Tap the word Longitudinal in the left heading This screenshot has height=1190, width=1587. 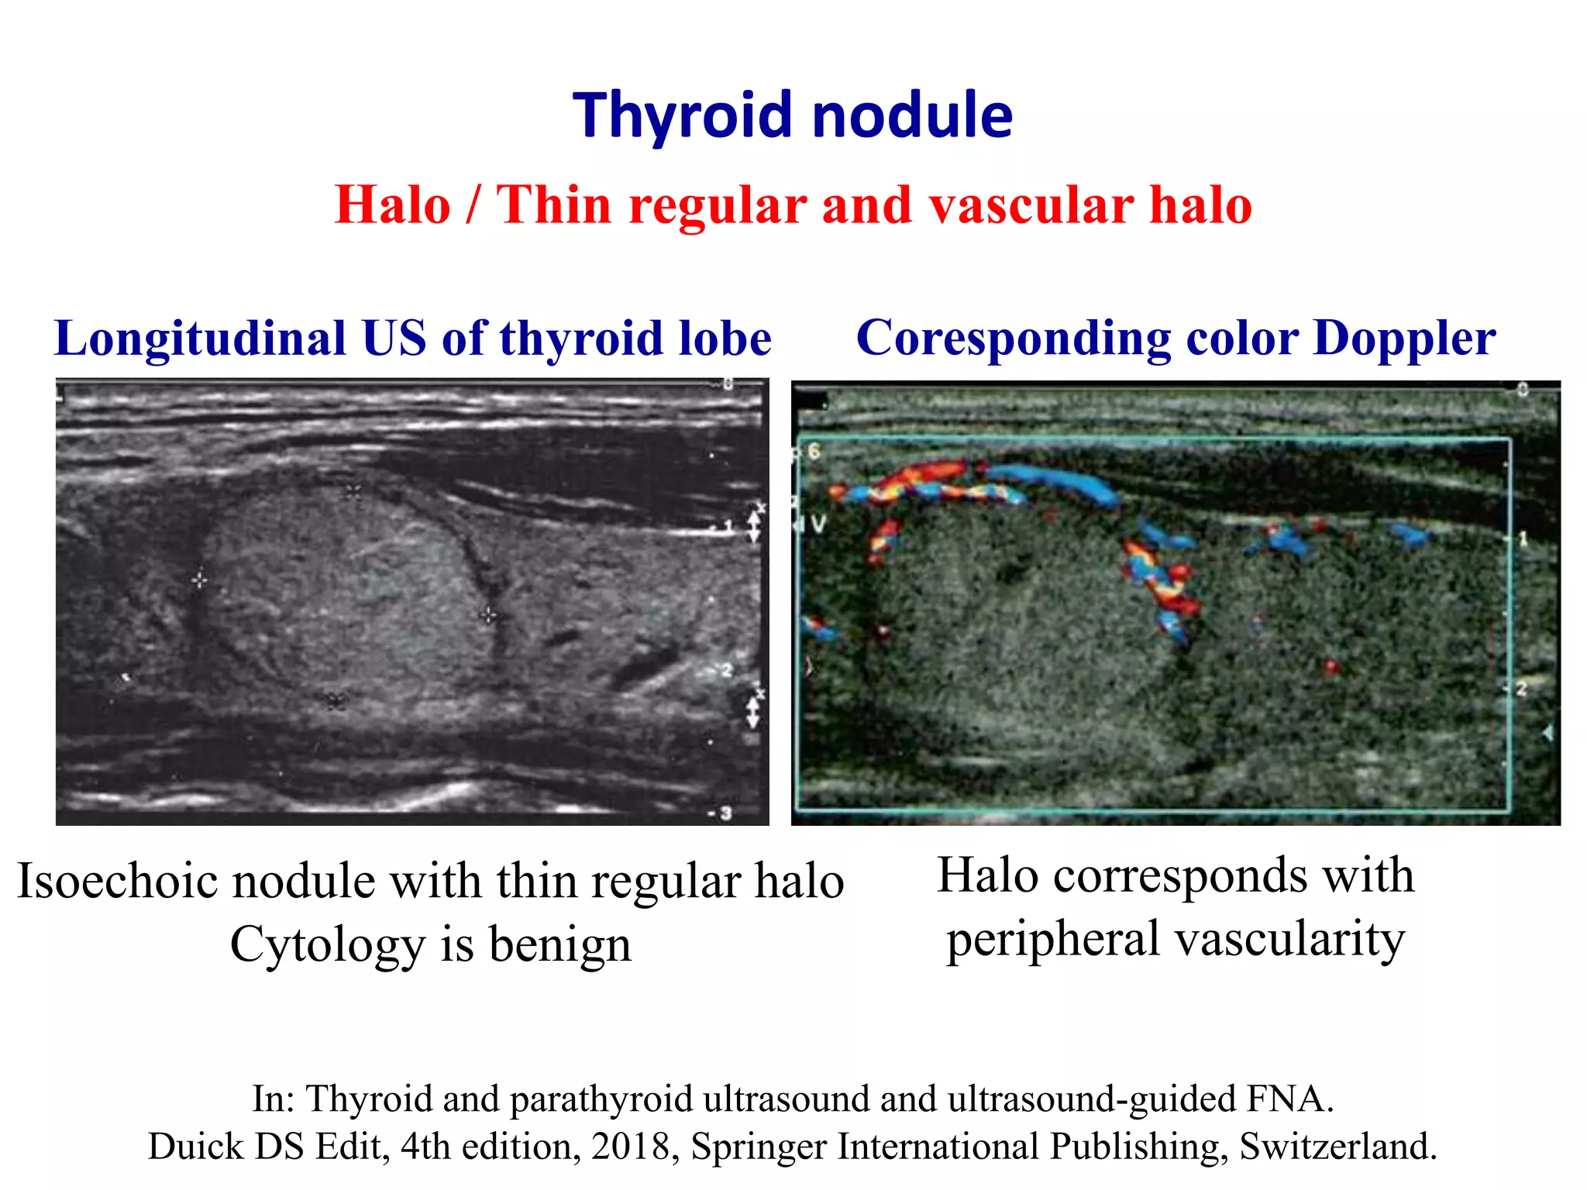200,339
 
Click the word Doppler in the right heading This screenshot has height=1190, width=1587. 1403,339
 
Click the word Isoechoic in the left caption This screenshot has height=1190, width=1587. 118,882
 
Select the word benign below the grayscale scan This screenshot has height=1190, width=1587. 559,945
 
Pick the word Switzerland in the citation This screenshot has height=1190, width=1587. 1338,1147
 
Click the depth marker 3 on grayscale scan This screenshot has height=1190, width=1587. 725,813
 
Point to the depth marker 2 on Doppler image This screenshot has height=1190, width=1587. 1521,688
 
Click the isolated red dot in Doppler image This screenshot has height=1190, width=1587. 1331,666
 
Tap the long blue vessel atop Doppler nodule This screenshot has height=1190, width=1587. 1054,480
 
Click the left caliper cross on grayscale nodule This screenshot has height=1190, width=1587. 199,580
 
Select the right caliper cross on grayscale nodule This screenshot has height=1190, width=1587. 487,616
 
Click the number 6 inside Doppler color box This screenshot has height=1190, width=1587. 814,450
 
